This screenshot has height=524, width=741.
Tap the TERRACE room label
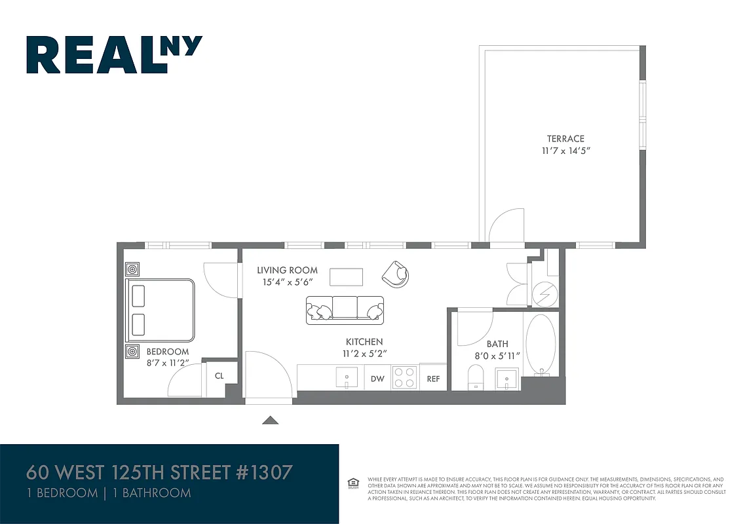pyautogui.click(x=565, y=139)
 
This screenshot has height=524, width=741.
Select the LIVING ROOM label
pyautogui.click(x=287, y=270)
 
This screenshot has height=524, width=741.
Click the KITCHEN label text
pyautogui.click(x=364, y=342)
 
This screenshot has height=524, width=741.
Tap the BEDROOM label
pyautogui.click(x=168, y=352)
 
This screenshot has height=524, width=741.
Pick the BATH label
pyautogui.click(x=497, y=344)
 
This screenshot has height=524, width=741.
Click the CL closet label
pyautogui.click(x=219, y=377)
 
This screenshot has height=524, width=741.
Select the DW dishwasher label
pyautogui.click(x=377, y=379)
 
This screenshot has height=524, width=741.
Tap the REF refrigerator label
pyautogui.click(x=434, y=379)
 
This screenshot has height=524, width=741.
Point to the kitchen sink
pyautogui.click(x=347, y=377)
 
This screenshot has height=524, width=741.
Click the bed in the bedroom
pyautogui.click(x=161, y=310)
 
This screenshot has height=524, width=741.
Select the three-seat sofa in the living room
pyautogui.click(x=345, y=310)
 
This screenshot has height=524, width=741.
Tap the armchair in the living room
pyautogui.click(x=396, y=274)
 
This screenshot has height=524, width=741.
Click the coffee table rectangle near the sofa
pyautogui.click(x=346, y=277)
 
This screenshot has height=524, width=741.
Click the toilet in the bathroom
pyautogui.click(x=476, y=378)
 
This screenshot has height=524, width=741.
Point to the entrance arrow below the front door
pyautogui.click(x=271, y=421)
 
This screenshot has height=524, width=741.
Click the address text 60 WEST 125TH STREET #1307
pyautogui.click(x=159, y=472)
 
